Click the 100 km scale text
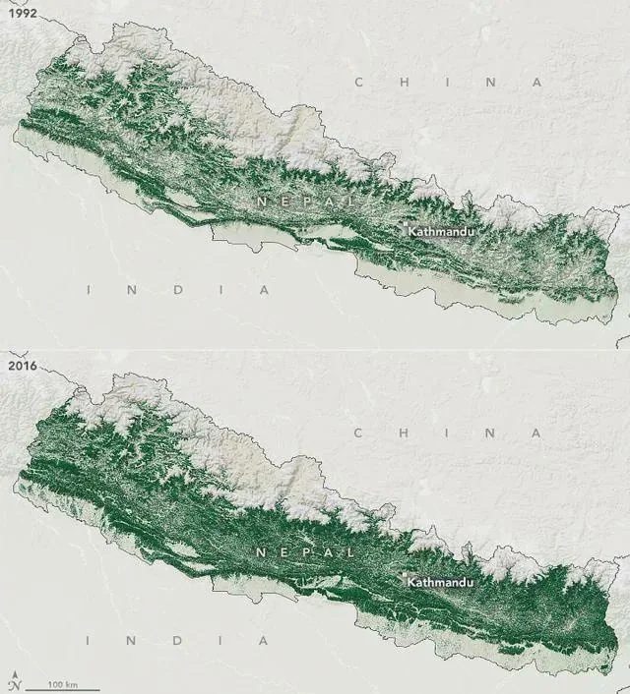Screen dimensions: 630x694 tap(64, 682)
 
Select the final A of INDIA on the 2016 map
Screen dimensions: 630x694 tap(265, 640)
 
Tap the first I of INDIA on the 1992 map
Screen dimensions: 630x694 tap(90, 290)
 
